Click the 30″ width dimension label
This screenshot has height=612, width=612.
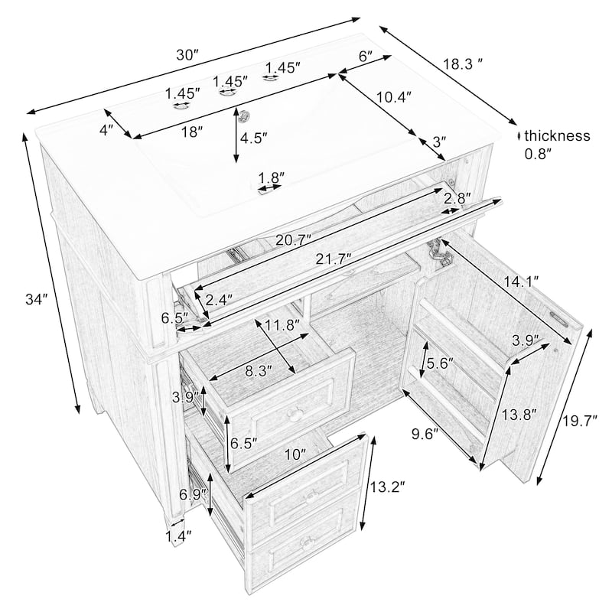point(187,55)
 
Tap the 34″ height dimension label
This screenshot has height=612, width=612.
point(36,300)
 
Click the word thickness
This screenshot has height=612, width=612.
point(557,136)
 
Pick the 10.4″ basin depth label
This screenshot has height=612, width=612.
point(394,97)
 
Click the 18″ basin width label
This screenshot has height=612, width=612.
point(192,132)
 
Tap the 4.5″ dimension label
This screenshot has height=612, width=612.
point(254,138)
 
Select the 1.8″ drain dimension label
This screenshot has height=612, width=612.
point(272,178)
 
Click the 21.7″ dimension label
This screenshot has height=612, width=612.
point(334,259)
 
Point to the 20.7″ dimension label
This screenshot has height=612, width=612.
point(294,239)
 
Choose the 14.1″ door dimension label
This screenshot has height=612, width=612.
point(521,282)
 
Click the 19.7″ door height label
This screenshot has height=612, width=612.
point(580,422)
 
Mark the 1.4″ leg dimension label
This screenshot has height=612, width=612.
point(179,536)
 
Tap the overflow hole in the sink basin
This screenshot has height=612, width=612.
point(245,115)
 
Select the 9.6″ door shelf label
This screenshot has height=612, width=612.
point(425,433)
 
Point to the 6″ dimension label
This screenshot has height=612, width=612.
point(366,57)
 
